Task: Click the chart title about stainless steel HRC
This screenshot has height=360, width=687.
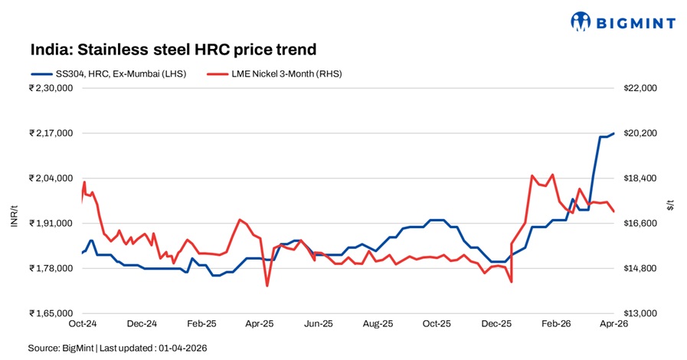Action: [173, 50]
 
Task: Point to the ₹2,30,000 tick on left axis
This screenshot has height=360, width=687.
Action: [51, 88]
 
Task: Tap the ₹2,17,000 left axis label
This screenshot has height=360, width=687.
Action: [51, 133]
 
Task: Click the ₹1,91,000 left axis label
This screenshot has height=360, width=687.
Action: [51, 224]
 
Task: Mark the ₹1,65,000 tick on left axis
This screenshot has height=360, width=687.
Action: [51, 314]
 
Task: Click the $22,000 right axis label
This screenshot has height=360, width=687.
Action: [642, 88]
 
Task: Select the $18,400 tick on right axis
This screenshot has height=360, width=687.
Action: [642, 178]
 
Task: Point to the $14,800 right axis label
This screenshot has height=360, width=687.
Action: [642, 269]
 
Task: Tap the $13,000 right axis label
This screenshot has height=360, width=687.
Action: [642, 314]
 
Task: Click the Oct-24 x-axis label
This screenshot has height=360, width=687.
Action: [82, 324]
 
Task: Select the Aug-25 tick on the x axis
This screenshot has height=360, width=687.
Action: [378, 324]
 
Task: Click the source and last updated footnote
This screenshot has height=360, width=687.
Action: [117, 348]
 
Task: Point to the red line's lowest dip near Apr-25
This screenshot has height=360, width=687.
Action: [267, 286]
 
